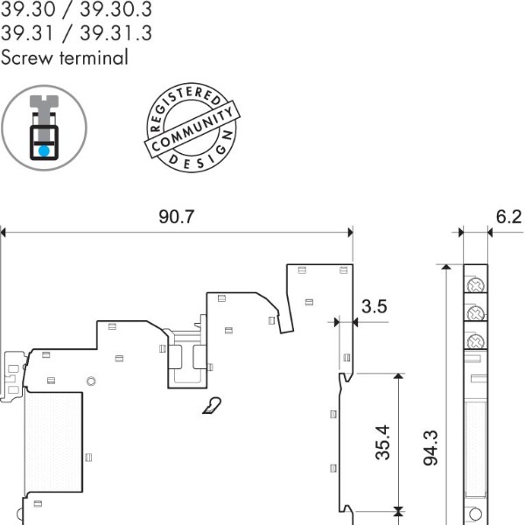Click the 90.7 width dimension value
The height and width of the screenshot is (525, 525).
point(176,217)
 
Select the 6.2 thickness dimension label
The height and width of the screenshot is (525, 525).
point(507,217)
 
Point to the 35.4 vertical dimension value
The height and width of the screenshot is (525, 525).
point(382,443)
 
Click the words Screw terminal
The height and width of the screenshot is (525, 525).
point(65,59)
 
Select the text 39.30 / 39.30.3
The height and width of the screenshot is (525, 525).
point(76,11)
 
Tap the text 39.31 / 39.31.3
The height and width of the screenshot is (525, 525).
point(76,34)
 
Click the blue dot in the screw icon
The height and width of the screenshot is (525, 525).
point(44,150)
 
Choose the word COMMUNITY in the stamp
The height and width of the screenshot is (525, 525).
point(192,130)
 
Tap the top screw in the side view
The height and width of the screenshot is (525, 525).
point(475,285)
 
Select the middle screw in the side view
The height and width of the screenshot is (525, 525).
point(475,313)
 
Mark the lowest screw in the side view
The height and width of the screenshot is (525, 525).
point(475,341)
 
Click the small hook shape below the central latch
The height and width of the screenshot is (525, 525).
point(211,405)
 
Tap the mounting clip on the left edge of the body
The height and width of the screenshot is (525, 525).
point(12,375)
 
